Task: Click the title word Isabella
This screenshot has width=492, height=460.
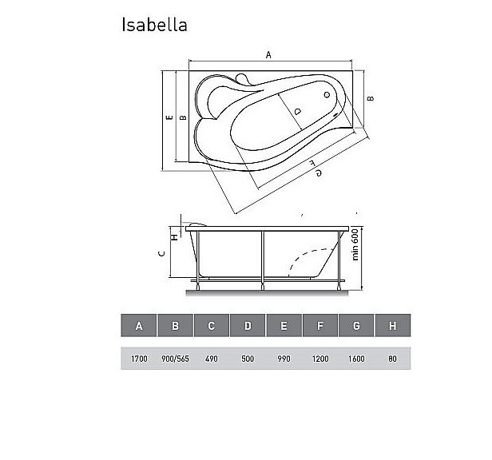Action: [154, 25]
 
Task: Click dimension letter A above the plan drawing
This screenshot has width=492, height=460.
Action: [268, 55]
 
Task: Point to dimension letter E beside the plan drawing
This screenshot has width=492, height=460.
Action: [169, 117]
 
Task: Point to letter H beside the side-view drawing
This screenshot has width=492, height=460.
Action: [173, 234]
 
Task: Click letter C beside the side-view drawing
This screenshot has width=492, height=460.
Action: [161, 255]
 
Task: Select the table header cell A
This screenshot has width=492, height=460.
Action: [139, 326]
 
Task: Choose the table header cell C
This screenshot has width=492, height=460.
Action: [212, 326]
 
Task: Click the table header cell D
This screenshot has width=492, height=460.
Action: [248, 326]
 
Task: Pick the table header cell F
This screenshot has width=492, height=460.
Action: [319, 326]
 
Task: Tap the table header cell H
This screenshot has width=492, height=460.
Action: [392, 326]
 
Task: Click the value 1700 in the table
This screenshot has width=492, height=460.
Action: [139, 359]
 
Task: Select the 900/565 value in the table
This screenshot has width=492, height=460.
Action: [175, 359]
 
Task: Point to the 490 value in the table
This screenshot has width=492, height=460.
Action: [212, 359]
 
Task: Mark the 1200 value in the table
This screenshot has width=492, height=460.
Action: [319, 359]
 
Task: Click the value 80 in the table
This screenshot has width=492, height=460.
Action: [392, 359]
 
